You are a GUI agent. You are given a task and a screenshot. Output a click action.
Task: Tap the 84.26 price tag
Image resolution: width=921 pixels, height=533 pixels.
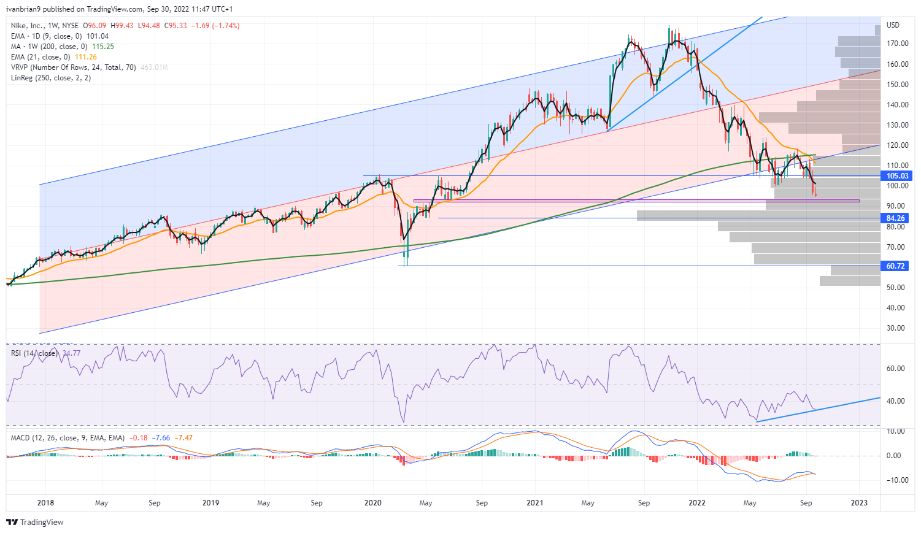[896, 218]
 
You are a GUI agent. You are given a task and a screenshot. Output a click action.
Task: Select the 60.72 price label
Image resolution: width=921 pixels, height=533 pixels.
[896, 266]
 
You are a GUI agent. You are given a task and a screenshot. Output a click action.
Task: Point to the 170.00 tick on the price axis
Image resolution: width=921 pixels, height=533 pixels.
[896, 44]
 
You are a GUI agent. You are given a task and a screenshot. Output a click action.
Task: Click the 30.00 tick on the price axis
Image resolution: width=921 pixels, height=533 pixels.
[896, 328]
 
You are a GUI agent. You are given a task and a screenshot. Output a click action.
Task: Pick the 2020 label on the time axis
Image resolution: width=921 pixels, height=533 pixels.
[373, 503]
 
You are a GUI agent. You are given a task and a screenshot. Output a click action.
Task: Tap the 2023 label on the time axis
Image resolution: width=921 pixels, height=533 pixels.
[859, 503]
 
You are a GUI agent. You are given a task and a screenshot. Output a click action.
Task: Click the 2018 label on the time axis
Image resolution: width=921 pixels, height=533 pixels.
[45, 503]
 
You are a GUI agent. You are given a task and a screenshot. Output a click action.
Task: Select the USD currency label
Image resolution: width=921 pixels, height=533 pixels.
[893, 25]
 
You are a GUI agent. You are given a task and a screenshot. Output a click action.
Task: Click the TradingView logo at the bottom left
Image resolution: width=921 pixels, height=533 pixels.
[35, 523]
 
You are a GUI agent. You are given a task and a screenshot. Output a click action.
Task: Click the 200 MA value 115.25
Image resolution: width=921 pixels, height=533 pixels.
[103, 47]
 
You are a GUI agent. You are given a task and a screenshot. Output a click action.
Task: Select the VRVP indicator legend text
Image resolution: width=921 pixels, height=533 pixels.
[74, 67]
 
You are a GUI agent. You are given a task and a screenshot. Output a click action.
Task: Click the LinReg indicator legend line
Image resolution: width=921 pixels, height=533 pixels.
[51, 78]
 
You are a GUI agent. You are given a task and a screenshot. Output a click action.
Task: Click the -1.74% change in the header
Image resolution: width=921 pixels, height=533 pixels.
[226, 26]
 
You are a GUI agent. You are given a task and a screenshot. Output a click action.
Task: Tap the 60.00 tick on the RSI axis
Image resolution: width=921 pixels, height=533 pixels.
[896, 369]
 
